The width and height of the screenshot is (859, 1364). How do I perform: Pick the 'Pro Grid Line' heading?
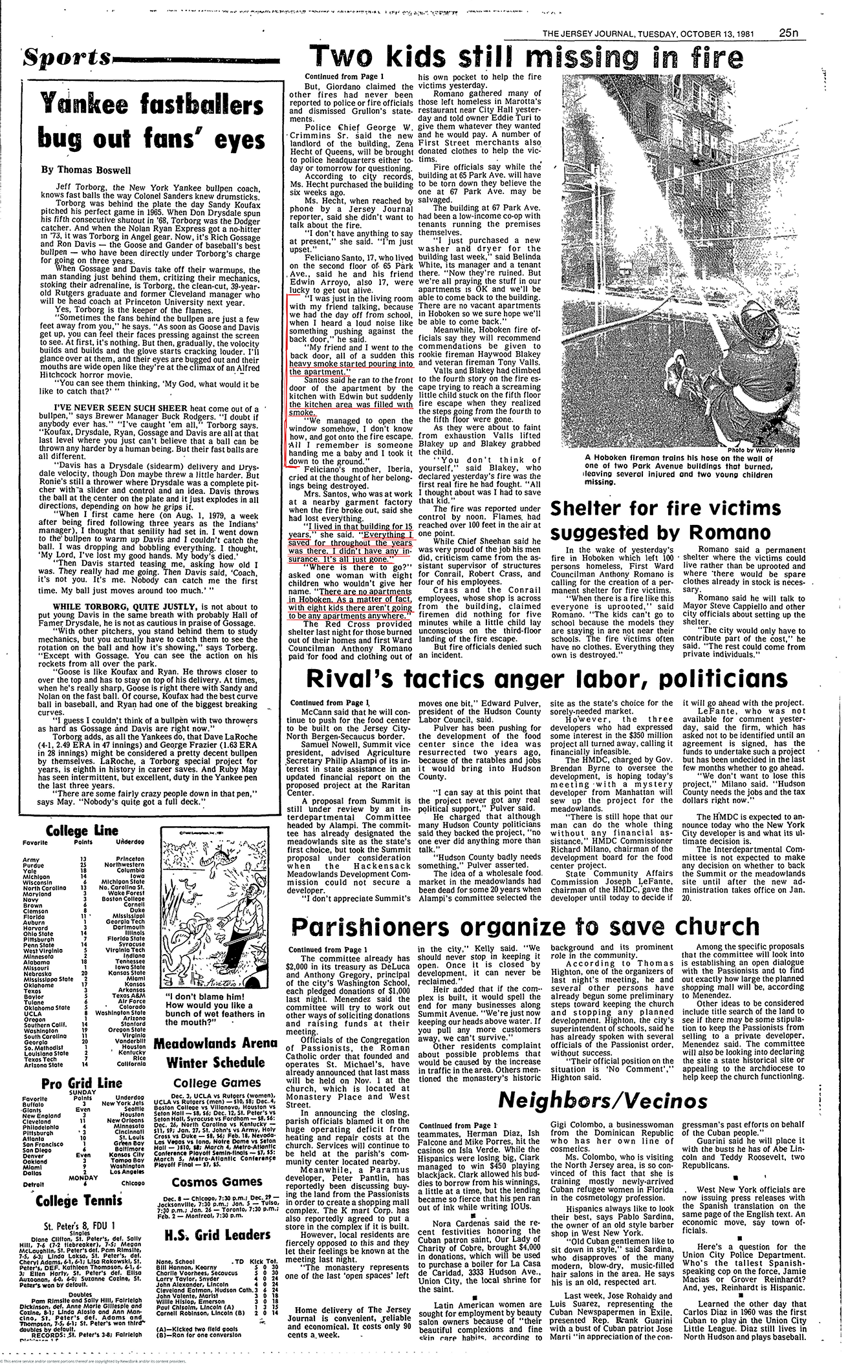click(74, 1083)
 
